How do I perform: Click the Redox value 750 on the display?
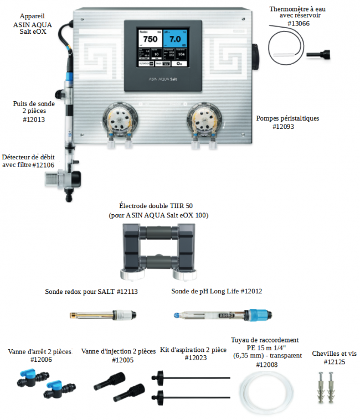150,39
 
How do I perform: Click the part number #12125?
334,362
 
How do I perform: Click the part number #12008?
265,364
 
